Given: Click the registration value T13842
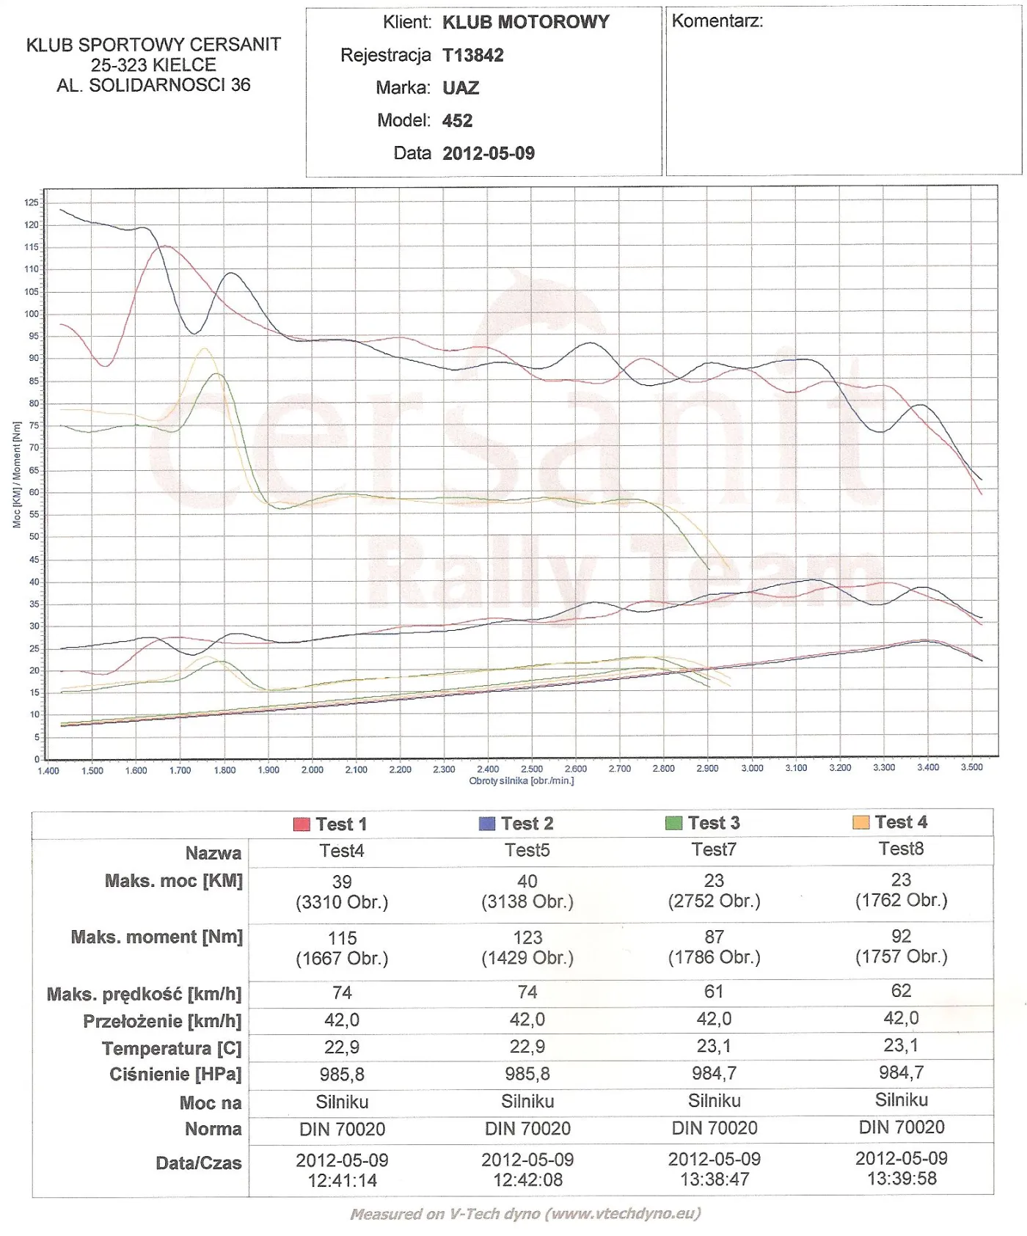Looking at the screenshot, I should pyautogui.click(x=472, y=56).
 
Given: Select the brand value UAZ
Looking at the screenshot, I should pyautogui.click(x=461, y=89).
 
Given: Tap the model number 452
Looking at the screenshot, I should pyautogui.click(x=457, y=121).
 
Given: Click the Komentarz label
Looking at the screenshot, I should pyautogui.click(x=717, y=21).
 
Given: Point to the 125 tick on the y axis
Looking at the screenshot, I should pyautogui.click(x=31, y=203).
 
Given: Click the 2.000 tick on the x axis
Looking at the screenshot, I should pyautogui.click(x=313, y=769).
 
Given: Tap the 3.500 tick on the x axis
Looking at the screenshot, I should pyautogui.click(x=971, y=767).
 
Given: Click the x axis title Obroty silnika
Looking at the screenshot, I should pyautogui.click(x=521, y=780).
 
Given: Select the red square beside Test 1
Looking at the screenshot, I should pyautogui.click(x=301, y=824).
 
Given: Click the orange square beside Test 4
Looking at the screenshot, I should pyautogui.click(x=860, y=822).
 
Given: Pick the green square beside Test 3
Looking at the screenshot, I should pyautogui.click(x=673, y=823).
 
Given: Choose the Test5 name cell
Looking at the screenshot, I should pyautogui.click(x=527, y=850).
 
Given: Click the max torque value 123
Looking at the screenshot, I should pyautogui.click(x=527, y=937).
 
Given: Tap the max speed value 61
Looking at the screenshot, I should pyautogui.click(x=714, y=992).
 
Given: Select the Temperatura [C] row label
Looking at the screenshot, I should pyautogui.click(x=172, y=1048).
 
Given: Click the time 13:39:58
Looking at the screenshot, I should pyautogui.click(x=901, y=1179).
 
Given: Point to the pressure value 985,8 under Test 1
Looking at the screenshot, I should pyautogui.click(x=342, y=1075).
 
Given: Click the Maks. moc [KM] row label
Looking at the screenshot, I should pyautogui.click(x=173, y=881).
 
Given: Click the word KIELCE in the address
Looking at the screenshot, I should pyautogui.click(x=185, y=65).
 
